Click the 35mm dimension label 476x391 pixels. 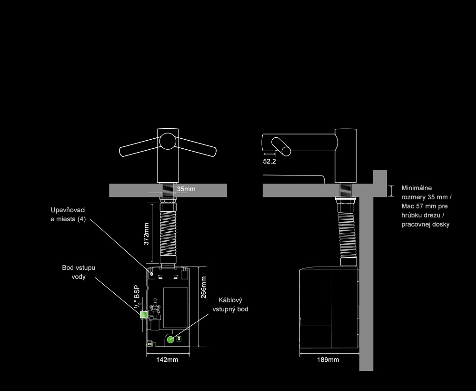(186, 189)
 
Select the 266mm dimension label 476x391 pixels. (204, 287)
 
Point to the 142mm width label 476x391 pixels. (167, 360)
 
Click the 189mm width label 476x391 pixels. (328, 360)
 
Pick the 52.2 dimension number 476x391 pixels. (269, 161)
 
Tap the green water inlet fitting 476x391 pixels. (143, 315)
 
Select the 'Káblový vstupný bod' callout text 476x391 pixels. (230, 304)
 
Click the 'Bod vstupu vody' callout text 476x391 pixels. (79, 272)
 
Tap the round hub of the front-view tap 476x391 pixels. (167, 142)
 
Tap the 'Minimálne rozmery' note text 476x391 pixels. (426, 206)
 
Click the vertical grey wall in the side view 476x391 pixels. (366, 286)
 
